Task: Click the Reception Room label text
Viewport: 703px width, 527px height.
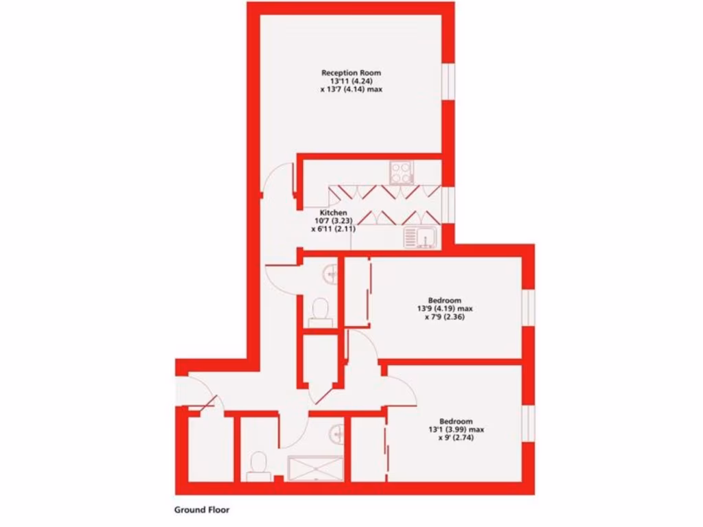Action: [x=351, y=73]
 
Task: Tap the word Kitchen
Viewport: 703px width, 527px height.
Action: [x=334, y=213]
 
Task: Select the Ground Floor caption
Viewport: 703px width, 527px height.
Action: [x=202, y=510]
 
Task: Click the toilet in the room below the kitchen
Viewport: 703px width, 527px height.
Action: [x=320, y=312]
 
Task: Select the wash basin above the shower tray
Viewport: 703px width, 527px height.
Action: [x=336, y=432]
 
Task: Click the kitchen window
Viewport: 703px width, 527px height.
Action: [x=448, y=204]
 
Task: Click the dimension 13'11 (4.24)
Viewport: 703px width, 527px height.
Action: [x=351, y=81]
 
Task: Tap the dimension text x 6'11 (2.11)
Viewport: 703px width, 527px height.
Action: [x=333, y=229]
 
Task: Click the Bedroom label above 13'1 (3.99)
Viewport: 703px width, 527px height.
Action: [x=456, y=421]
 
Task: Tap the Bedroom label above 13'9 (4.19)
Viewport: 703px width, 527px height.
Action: [x=445, y=300]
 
